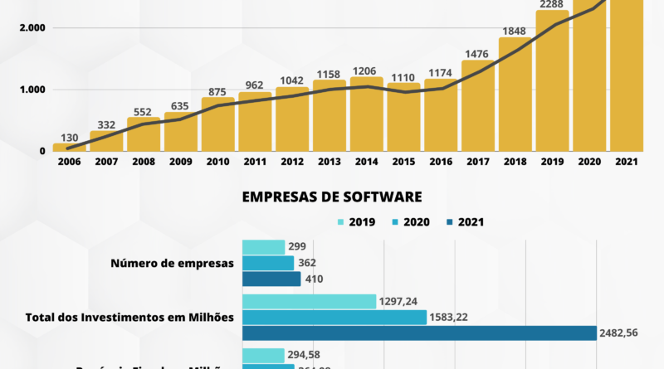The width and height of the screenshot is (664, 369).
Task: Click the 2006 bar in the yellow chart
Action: [70, 148]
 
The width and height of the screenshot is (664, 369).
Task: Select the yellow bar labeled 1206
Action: [367, 116]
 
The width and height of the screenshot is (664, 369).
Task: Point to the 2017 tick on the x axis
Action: [477, 162]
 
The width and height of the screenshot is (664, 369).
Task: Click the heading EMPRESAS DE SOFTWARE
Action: [332, 197]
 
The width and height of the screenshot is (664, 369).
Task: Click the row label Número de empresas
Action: [172, 263]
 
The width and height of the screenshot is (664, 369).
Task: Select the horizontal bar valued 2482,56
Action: [419, 333]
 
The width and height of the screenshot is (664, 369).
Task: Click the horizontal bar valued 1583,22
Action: [334, 317]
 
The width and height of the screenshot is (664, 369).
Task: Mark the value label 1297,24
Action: [398, 300]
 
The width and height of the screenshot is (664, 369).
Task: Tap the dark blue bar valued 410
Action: [271, 279]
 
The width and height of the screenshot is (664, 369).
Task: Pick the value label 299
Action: [297, 246]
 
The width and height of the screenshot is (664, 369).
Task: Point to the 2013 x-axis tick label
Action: [330, 162]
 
